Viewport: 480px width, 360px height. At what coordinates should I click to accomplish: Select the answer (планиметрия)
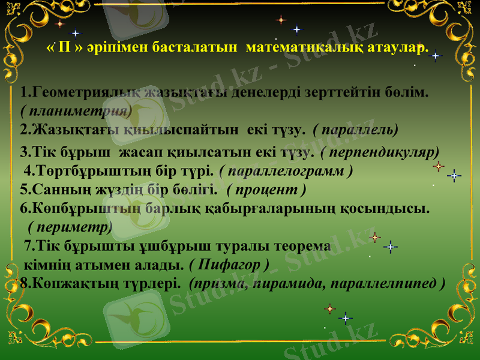pos(76,111)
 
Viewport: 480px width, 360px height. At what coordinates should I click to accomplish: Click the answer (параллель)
pos(356,129)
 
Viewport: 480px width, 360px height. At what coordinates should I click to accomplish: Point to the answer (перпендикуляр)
pos(380,152)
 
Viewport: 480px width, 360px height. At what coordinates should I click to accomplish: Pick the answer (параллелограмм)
pos(286,170)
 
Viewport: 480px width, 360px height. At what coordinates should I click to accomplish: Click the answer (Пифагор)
pos(229,264)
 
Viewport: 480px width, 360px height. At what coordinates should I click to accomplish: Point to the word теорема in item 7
pos(302,246)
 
